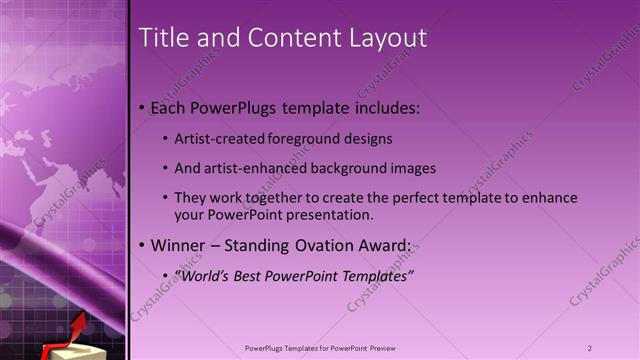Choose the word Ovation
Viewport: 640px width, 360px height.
point(318,245)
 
